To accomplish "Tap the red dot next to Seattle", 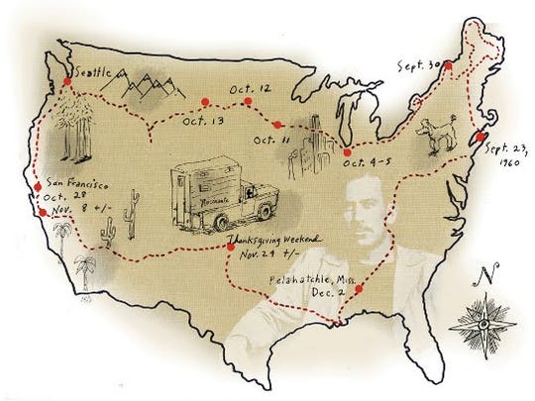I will click(65, 80).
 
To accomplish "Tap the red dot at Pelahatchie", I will click(357, 290).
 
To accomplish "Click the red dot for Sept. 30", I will click(448, 65).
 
